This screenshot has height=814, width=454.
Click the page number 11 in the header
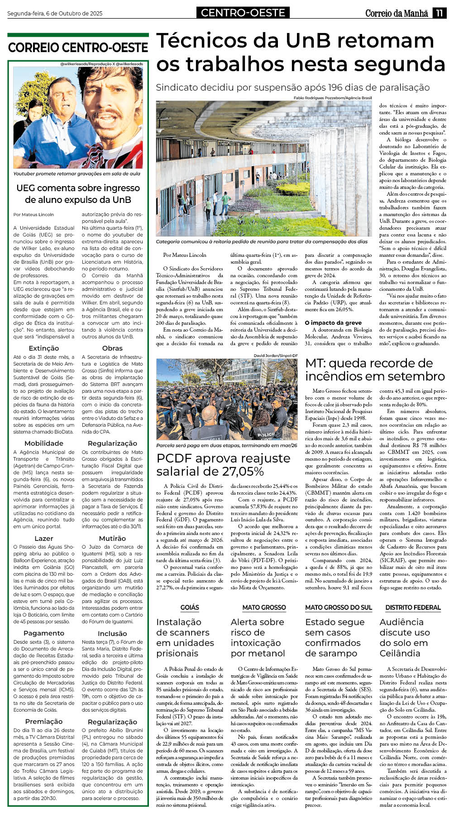coord(439,13)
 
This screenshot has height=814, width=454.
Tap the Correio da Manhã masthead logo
coord(397,13)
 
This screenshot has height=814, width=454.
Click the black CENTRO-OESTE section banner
coord(243,13)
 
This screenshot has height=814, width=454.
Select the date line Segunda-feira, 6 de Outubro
coord(55,14)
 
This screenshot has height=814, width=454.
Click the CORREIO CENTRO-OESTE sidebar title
coord(78,48)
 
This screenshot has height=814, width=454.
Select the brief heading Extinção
coord(43,348)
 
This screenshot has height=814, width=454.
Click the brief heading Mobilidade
coord(43,443)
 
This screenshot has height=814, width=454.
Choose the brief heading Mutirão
coord(112,538)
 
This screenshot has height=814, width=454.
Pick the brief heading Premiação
coord(43,721)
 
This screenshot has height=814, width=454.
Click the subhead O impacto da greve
coord(333,323)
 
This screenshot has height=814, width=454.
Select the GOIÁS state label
coord(190,607)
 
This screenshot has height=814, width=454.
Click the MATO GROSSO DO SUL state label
coord(338,607)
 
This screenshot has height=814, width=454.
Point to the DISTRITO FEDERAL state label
coord(413,607)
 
